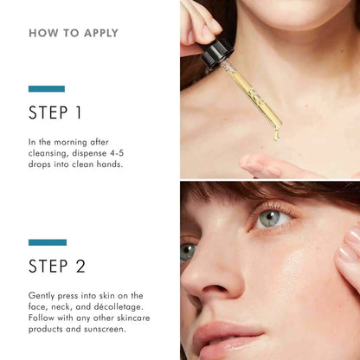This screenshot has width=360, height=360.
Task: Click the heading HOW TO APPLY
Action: click(74, 34)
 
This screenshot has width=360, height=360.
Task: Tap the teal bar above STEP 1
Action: click(46, 88)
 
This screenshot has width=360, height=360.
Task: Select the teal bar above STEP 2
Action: click(46, 242)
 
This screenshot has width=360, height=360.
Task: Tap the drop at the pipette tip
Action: click(277, 135)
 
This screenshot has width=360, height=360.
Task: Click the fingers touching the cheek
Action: click(348, 260)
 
